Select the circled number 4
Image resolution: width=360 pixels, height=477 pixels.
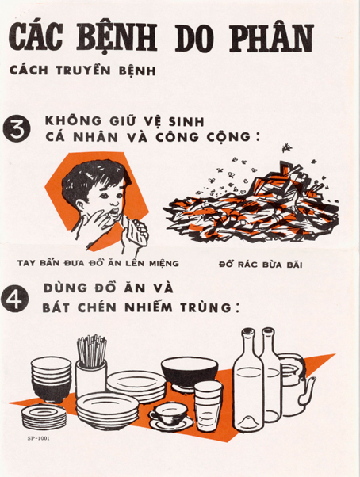click(x=15, y=298)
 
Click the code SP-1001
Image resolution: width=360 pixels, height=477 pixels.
click(x=38, y=438)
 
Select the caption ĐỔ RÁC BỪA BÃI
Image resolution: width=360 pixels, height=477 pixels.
click(x=261, y=265)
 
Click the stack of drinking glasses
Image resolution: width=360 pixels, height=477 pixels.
click(x=208, y=406)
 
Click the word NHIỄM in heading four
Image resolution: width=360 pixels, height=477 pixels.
click(x=147, y=307)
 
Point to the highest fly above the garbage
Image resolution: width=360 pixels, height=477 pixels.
click(x=286, y=147)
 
